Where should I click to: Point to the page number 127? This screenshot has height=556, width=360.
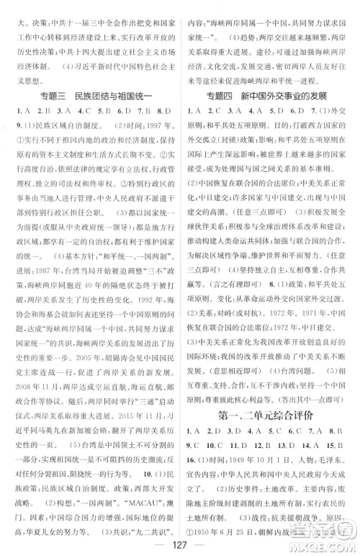pyautogui.click(x=179, y=542)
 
